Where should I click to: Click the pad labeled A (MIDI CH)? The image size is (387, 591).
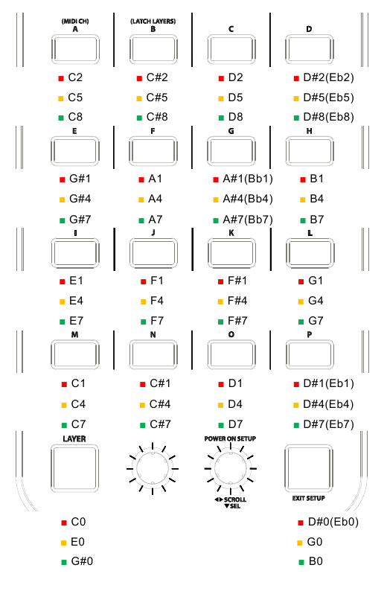pos(75,49)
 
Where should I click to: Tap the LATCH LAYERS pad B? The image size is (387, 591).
pos(153,49)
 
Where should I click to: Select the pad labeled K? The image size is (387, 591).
pos(231,252)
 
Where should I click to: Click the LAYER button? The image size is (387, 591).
pos(74,468)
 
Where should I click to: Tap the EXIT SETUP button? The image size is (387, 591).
pos(309,468)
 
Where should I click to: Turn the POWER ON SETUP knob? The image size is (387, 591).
pos(230,468)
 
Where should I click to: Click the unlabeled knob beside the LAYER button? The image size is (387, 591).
pos(153,468)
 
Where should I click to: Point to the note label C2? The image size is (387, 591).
pos(75,77)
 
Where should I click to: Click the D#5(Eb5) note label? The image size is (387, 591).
pos(329,98)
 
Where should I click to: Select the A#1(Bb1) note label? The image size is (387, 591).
pos(248,179)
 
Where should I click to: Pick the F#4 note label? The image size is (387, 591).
pos(237,301)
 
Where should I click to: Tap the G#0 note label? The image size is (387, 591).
pos(82,562)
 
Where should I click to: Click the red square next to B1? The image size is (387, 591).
pos(303,180)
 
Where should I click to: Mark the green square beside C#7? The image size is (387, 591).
pos(142,425)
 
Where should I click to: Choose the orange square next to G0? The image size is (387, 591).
pos(300,543)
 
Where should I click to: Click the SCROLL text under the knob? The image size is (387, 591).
pos(234,499)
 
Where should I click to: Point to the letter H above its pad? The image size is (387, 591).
pos(310,131)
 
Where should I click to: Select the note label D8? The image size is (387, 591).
pos(235,117)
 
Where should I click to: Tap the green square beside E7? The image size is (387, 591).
pos(63,322)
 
